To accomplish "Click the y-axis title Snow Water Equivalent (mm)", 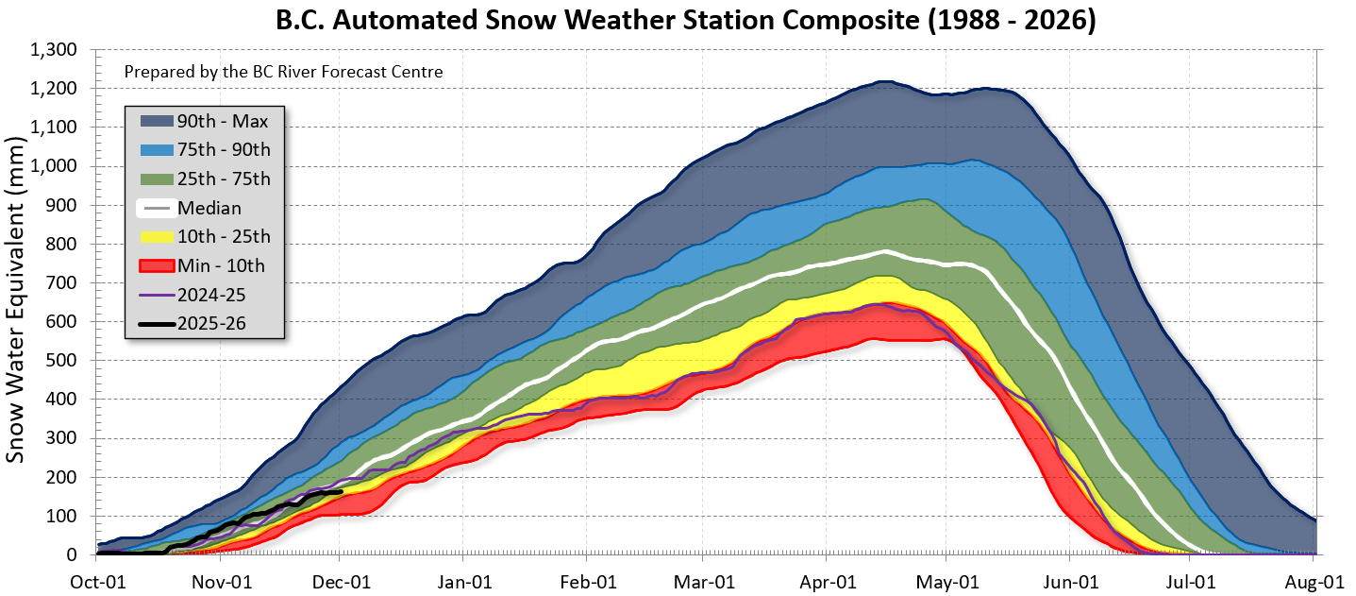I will (16, 302).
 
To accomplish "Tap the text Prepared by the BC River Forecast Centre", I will (283, 72).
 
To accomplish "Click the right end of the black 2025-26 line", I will (340, 491).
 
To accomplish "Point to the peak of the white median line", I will (885, 251).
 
